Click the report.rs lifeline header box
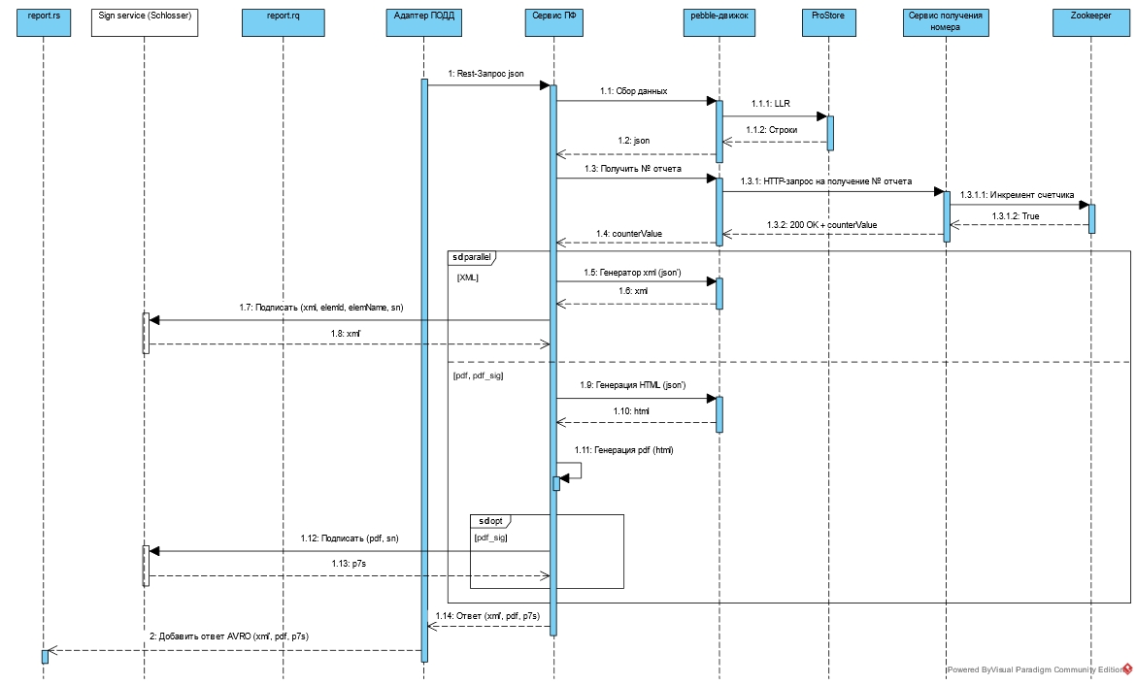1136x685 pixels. pyautogui.click(x=44, y=23)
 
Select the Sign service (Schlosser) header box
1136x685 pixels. pyautogui.click(x=144, y=23)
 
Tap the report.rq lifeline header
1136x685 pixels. pyautogui.click(x=283, y=23)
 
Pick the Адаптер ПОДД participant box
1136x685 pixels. pyautogui.click(x=424, y=23)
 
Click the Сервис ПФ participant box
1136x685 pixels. pyautogui.click(x=553, y=23)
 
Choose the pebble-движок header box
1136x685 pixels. pyautogui.click(x=719, y=23)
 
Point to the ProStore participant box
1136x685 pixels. pyautogui.click(x=829, y=23)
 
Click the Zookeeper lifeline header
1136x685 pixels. pyautogui.click(x=1090, y=23)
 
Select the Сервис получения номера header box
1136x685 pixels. pyautogui.click(x=946, y=23)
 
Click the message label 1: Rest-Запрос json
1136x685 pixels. pyautogui.click(x=485, y=74)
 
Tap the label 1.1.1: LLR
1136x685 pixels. pyautogui.click(x=770, y=104)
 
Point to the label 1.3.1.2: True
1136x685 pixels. pyautogui.click(x=1015, y=216)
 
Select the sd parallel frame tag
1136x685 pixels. pyautogui.click(x=472, y=257)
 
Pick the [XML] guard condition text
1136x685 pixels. pyautogui.click(x=467, y=277)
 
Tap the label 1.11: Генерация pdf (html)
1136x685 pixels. pyautogui.click(x=623, y=450)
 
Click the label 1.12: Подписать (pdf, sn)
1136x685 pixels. pyautogui.click(x=348, y=538)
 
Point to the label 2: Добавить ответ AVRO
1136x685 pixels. pyautogui.click(x=229, y=636)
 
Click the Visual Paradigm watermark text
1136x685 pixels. pyautogui.click(x=1033, y=669)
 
